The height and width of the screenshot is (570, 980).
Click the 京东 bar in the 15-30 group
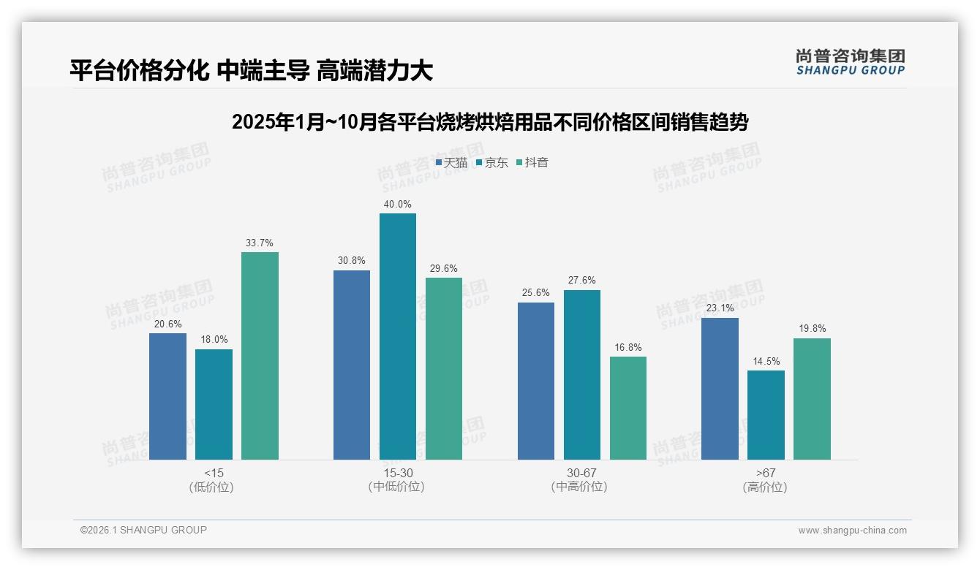(x=397, y=336)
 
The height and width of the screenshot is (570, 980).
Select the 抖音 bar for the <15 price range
(x=260, y=356)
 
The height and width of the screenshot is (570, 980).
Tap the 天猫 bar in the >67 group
(x=720, y=389)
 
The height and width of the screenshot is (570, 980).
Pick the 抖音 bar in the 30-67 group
(x=627, y=408)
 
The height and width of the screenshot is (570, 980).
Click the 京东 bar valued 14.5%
(x=766, y=415)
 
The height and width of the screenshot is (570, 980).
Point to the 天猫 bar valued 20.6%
(x=167, y=396)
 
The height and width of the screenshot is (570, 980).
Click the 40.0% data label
(x=397, y=205)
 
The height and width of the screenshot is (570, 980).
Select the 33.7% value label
(x=260, y=243)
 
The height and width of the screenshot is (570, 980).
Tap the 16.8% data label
(x=627, y=348)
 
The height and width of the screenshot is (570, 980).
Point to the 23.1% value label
(x=720, y=308)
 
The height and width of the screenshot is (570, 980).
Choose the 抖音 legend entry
(x=532, y=163)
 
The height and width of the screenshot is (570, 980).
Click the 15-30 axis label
(x=397, y=474)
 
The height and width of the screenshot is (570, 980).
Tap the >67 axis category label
(x=766, y=474)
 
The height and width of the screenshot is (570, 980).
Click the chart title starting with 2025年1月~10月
(x=489, y=122)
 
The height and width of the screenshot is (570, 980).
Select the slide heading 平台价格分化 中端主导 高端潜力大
(x=252, y=71)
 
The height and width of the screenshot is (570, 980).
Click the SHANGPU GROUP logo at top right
(x=850, y=62)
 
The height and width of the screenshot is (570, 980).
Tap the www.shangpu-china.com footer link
(x=852, y=531)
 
